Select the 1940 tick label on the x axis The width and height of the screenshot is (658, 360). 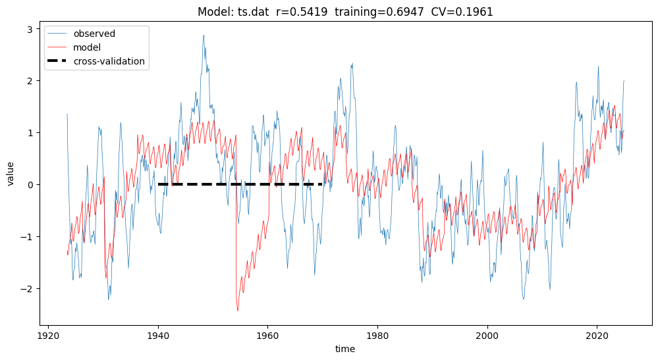point(158,334)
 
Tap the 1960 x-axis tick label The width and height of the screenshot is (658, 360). point(267,334)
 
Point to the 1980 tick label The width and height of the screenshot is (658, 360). point(377,334)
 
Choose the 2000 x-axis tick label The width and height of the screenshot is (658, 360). point(487,334)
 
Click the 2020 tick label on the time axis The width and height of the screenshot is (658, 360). point(597,334)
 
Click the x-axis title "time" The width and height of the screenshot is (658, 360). point(345,349)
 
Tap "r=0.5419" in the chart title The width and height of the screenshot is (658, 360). point(302,12)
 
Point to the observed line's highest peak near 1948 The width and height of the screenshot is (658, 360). point(204,35)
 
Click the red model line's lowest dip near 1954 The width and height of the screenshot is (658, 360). point(237,311)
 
